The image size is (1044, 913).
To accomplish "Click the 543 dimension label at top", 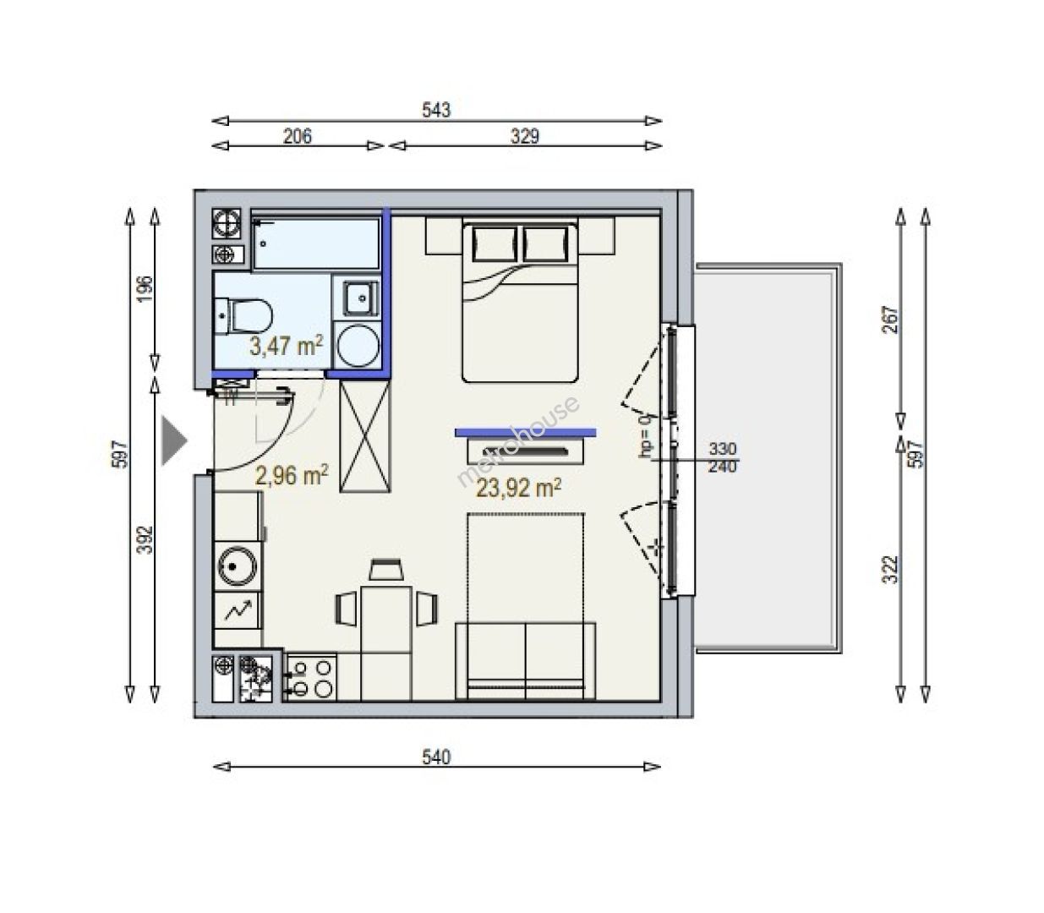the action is click(436, 110).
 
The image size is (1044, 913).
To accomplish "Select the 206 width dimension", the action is click(297, 136).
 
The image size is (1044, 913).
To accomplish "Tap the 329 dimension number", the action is click(525, 136).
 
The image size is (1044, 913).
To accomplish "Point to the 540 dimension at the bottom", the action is click(436, 757).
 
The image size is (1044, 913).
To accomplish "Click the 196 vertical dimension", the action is click(145, 289).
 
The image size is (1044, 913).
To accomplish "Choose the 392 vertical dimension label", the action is click(146, 539).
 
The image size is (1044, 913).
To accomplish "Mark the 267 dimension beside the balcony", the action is click(889, 320).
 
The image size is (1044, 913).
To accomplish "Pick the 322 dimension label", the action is click(889, 570).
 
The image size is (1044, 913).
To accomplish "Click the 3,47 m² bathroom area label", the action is click(287, 346).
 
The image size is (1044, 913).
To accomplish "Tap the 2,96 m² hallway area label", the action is click(292, 475).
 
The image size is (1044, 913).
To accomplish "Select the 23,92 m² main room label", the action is click(518, 488).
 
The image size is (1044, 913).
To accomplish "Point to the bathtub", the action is click(316, 243).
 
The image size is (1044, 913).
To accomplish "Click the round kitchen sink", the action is click(237, 566).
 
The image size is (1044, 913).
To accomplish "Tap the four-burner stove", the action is click(311, 678).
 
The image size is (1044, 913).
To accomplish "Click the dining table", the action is click(386, 643).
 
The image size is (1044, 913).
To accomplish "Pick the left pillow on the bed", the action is click(495, 244).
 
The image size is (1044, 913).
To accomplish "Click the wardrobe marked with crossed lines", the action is click(365, 436).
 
